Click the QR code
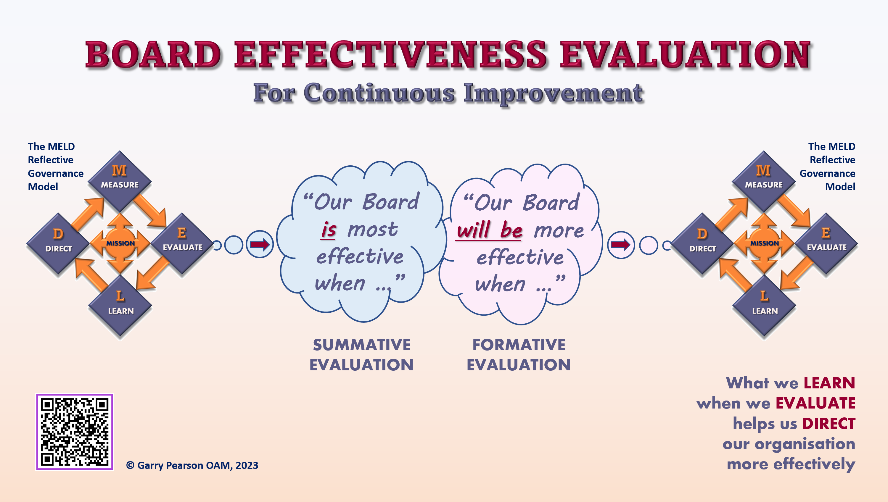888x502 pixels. (75, 432)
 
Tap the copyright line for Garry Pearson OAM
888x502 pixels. (192, 465)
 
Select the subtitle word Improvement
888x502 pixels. (553, 93)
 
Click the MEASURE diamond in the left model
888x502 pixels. (120, 181)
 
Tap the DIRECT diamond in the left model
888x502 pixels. (58, 243)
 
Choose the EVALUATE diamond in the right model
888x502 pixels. (826, 243)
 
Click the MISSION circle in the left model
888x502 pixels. (120, 243)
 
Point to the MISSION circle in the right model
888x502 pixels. (764, 243)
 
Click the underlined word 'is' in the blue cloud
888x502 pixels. (329, 230)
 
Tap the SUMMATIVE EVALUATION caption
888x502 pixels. (361, 355)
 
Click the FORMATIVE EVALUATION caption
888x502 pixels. (519, 355)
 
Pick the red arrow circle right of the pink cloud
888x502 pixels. (621, 245)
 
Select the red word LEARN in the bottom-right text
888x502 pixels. (829, 383)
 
